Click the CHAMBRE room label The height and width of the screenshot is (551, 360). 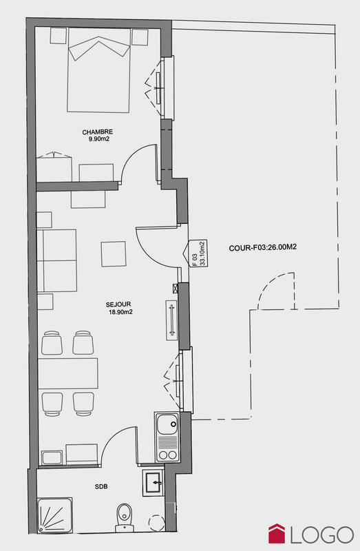[97, 132]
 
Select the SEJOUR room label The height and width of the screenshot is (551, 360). [118, 304]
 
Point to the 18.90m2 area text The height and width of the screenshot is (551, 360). [120, 311]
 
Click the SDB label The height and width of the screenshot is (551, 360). [100, 486]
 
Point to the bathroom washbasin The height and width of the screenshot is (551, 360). [153, 481]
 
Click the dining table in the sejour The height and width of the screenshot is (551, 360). [68, 373]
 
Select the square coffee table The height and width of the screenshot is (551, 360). [114, 253]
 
